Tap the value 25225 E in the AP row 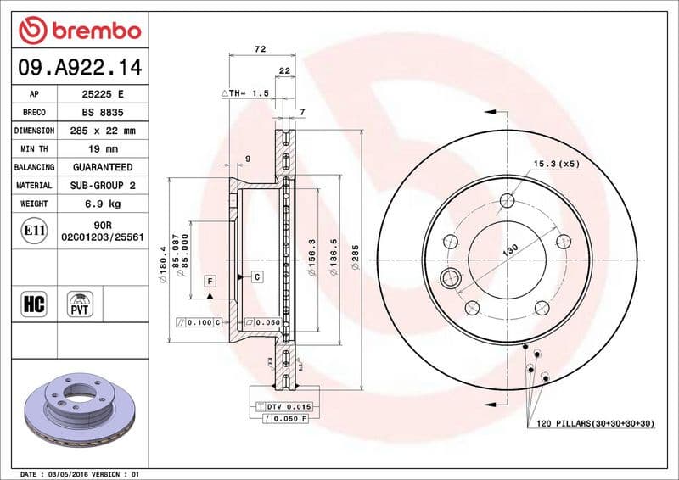click(x=102, y=93)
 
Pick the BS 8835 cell click(x=102, y=112)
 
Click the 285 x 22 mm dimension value click(x=102, y=131)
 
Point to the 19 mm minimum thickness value click(x=102, y=149)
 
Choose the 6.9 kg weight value click(x=102, y=204)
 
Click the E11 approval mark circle click(x=35, y=230)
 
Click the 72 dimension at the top click(x=261, y=50)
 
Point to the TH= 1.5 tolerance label click(x=245, y=92)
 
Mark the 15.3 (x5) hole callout click(x=556, y=164)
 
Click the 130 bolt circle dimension click(x=510, y=251)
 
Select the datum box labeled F click(x=210, y=280)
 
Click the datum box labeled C click(x=255, y=276)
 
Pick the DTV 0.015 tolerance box click(x=289, y=407)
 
